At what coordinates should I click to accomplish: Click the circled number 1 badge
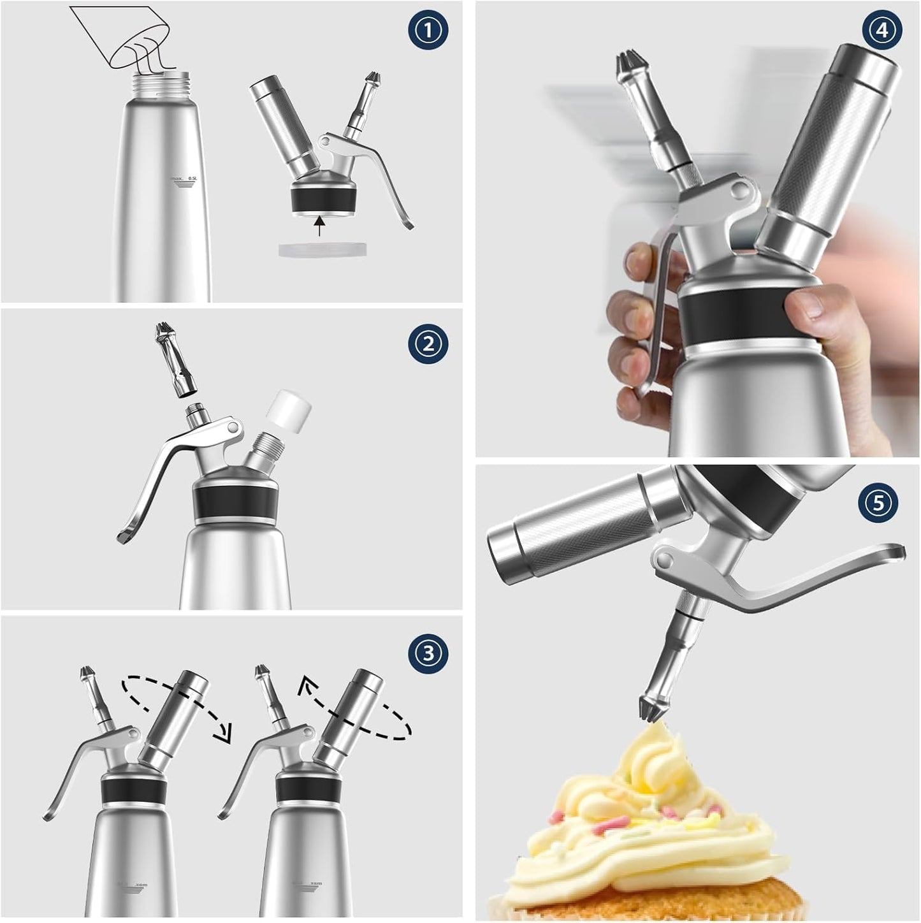[428, 30]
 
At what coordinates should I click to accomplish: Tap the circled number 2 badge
[428, 344]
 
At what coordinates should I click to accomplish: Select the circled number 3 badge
[428, 652]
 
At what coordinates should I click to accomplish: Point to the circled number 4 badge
[882, 30]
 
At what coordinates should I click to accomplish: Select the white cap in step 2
[290, 411]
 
